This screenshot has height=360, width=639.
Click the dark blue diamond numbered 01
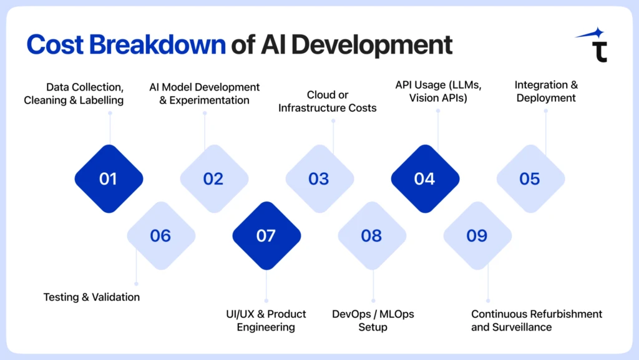point(109,179)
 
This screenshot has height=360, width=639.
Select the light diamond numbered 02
point(214,179)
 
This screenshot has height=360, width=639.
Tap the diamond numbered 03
point(319,179)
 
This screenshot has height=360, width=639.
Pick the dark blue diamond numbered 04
point(425,179)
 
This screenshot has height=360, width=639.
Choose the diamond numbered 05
point(530,179)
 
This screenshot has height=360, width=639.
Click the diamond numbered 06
point(161,236)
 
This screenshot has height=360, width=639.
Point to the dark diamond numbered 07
point(266,236)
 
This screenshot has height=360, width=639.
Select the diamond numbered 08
point(372,236)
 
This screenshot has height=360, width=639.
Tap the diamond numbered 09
point(477,236)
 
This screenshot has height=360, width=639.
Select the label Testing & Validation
point(92,297)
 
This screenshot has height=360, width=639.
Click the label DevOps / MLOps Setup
point(373,320)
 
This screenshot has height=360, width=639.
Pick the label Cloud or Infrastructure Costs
point(328,101)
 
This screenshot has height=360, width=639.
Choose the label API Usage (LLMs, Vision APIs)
point(437,91)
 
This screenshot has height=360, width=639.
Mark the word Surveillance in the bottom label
point(522,327)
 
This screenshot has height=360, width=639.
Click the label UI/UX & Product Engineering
point(266,320)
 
